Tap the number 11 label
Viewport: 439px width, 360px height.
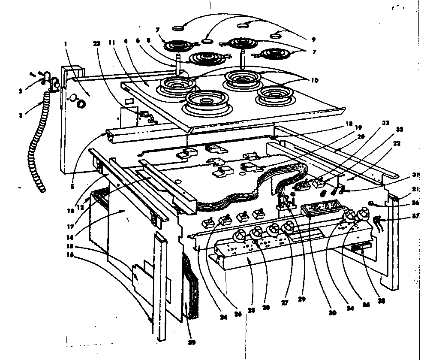112,43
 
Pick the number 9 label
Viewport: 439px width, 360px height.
314,39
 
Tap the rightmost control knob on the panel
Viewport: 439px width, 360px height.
364,212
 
